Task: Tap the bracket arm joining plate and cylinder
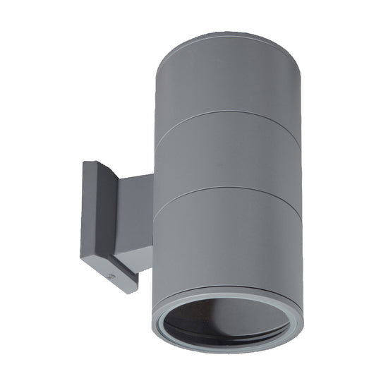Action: pos(135,212)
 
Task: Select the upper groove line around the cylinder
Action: pos(226,116)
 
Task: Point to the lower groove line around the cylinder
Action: pos(226,192)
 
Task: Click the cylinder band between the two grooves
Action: pos(226,155)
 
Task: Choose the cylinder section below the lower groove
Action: pos(226,240)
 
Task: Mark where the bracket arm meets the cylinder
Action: pos(153,212)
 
